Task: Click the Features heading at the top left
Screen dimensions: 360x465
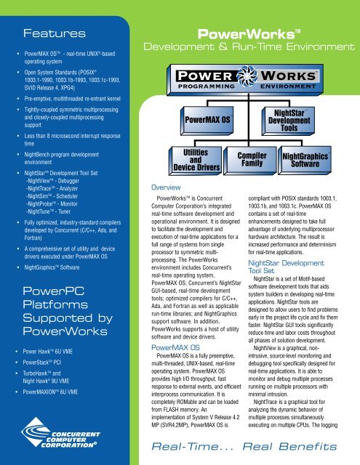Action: coord(47,33)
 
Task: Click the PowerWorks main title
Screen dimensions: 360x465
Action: coord(250,33)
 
